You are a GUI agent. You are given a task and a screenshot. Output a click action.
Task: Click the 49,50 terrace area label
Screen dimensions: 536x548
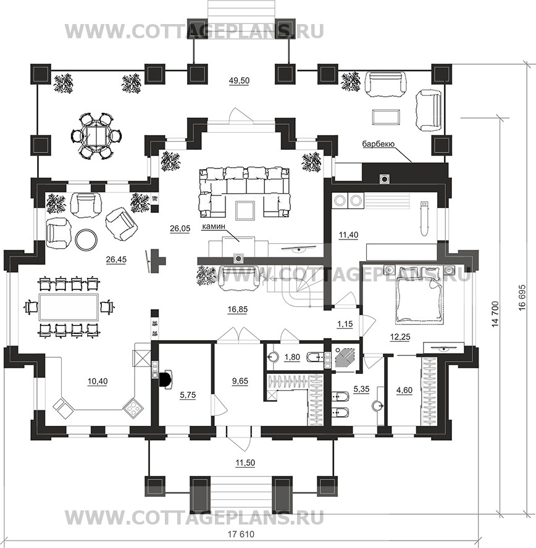[x=239, y=80]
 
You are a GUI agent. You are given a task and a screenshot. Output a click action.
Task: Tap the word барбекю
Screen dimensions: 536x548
[x=379, y=144]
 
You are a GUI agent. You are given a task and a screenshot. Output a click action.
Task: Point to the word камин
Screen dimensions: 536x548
[x=214, y=226]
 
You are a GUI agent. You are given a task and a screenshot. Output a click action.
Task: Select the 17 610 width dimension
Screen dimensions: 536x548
[x=241, y=534]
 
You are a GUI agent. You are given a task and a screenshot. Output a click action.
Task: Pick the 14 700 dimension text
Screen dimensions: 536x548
[x=495, y=313]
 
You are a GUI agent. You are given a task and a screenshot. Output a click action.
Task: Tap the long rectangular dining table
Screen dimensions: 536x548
[x=68, y=307]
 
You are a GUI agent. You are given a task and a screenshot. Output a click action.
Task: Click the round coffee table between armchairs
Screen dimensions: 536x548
[x=86, y=239]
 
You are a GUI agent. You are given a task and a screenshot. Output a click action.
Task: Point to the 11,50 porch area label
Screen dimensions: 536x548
[x=245, y=463]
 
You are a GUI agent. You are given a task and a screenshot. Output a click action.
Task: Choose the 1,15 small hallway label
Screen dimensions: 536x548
[x=345, y=323]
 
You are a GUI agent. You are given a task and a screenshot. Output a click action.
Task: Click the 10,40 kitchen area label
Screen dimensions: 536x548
[x=98, y=381]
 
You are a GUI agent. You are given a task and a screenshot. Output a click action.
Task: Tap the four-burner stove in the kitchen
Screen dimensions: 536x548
[x=133, y=407]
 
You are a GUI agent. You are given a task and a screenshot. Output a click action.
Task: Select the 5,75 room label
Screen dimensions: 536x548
[x=188, y=395]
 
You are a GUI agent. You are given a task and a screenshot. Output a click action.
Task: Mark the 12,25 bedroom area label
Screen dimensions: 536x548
[x=400, y=336]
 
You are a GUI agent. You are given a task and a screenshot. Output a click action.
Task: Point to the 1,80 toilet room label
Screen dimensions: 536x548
[x=292, y=357]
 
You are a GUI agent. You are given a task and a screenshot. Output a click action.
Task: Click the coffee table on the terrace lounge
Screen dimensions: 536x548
[x=386, y=117]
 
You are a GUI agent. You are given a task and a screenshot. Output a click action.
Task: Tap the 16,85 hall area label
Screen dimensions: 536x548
[x=237, y=309]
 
